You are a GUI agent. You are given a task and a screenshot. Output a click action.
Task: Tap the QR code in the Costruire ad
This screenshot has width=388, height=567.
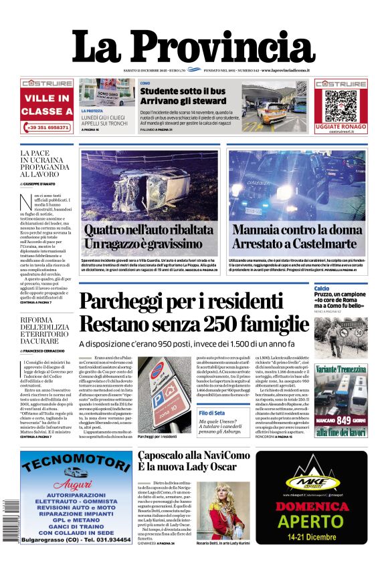click(341, 104)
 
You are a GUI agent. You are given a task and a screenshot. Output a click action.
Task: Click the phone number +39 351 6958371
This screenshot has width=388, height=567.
click(47, 127)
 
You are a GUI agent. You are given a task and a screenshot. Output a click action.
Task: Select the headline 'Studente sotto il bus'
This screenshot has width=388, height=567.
click(181, 91)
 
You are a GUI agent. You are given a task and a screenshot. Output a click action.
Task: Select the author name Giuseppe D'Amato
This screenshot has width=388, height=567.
click(43, 182)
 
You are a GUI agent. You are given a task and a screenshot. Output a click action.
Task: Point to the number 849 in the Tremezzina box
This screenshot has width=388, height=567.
click(343, 419)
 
